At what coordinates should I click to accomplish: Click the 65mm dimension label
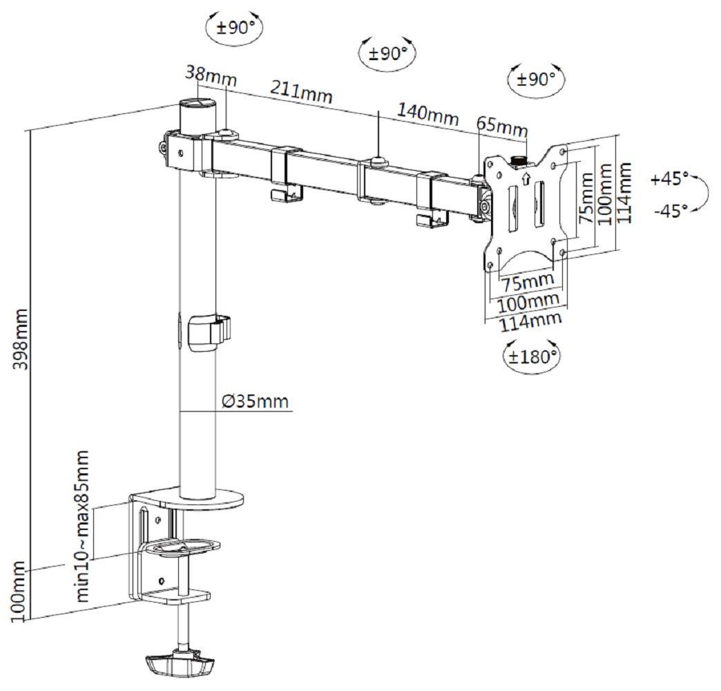point(502,127)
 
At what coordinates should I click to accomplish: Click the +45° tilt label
point(669,180)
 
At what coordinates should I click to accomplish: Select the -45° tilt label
point(669,210)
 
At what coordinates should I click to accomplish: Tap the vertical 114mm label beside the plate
point(624,191)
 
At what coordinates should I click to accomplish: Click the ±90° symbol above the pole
point(235,28)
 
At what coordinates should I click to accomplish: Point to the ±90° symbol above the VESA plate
point(535,79)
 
